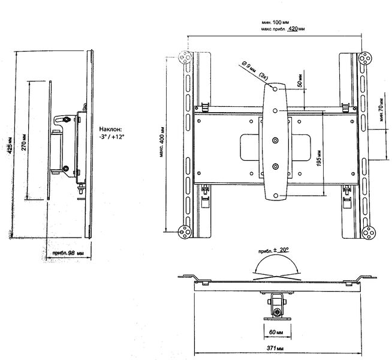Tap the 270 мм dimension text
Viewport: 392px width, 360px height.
click(24, 142)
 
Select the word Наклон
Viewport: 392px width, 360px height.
click(110, 130)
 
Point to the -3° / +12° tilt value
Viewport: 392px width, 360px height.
click(111, 137)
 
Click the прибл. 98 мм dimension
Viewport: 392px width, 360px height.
click(68, 253)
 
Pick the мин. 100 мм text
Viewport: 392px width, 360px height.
click(276, 23)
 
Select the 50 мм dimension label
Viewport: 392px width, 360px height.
click(300, 80)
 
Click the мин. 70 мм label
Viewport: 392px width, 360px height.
click(381, 110)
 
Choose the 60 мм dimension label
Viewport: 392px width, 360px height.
click(276, 332)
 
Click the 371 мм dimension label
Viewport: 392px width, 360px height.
click(275, 348)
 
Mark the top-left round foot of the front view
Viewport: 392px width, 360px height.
click(185, 58)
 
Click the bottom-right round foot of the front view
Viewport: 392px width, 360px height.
click(369, 233)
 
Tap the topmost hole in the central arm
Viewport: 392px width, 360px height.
click(275, 89)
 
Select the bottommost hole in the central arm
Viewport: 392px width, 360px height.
click(275, 196)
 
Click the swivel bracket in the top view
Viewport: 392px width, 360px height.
click(278, 307)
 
